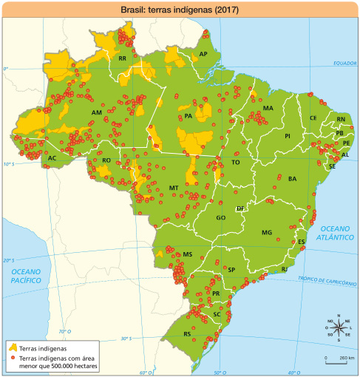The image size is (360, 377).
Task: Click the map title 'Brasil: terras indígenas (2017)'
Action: (180, 10)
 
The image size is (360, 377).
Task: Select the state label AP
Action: (203, 55)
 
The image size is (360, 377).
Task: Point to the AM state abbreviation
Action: (96, 112)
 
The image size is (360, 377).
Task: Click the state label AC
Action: (52, 158)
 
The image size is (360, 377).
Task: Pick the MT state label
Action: (174, 188)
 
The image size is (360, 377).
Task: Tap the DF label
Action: (240, 209)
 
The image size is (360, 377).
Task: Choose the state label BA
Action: (292, 179)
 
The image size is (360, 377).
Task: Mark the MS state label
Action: (188, 254)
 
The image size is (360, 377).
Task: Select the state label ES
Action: (302, 242)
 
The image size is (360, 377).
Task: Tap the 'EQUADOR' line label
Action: (344, 64)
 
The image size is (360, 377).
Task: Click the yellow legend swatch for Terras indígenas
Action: (13, 347)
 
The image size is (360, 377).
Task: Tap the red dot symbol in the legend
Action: (13, 358)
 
